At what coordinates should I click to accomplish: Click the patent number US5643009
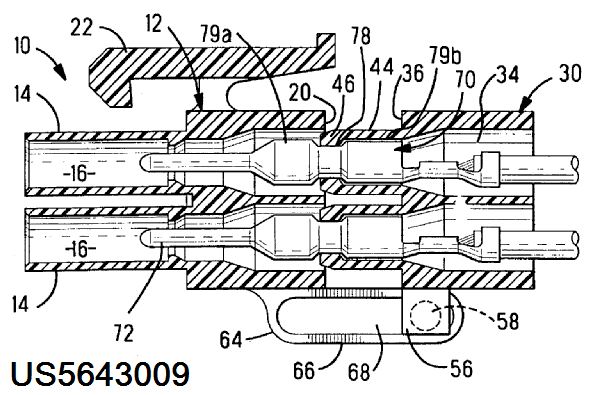tap(100, 374)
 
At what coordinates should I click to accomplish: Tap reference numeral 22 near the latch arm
tap(82, 28)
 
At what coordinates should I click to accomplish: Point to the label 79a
tap(216, 34)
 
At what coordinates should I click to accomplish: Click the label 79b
tap(445, 56)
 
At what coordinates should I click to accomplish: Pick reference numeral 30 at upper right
tap(570, 73)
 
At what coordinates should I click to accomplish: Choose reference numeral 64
tap(231, 339)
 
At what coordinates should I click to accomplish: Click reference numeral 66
tap(304, 370)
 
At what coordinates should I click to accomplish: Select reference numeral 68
tap(358, 372)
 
